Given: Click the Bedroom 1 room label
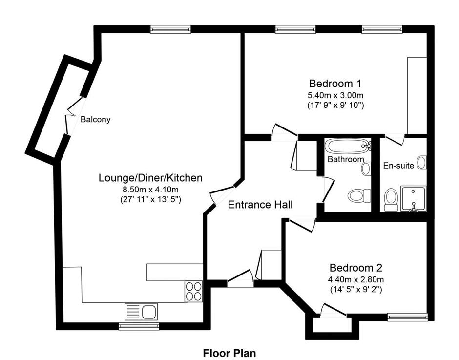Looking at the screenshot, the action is coord(335,84).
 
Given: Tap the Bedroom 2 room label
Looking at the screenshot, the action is coord(355,268).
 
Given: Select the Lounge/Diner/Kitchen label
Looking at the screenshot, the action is coord(150,178).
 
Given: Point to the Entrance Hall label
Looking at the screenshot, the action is coord(260,205).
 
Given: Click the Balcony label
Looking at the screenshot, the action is coord(95,120).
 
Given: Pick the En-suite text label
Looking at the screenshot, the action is coord(398,166).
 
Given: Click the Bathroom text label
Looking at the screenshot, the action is coord(346,159).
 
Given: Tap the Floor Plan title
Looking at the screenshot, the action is coord(229,353).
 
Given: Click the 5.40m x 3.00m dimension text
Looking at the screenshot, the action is coord(335,95).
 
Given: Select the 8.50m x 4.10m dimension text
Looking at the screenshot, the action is coord(150,190).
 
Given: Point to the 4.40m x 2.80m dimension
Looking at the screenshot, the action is coord(355,279).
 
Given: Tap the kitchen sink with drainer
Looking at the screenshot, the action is coord(141,311).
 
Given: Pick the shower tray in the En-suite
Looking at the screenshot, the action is coord(413,198).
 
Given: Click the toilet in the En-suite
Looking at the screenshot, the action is coord(391,199).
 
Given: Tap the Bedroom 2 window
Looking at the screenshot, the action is coord(407,317).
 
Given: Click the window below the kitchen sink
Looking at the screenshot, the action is coord(139,326).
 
